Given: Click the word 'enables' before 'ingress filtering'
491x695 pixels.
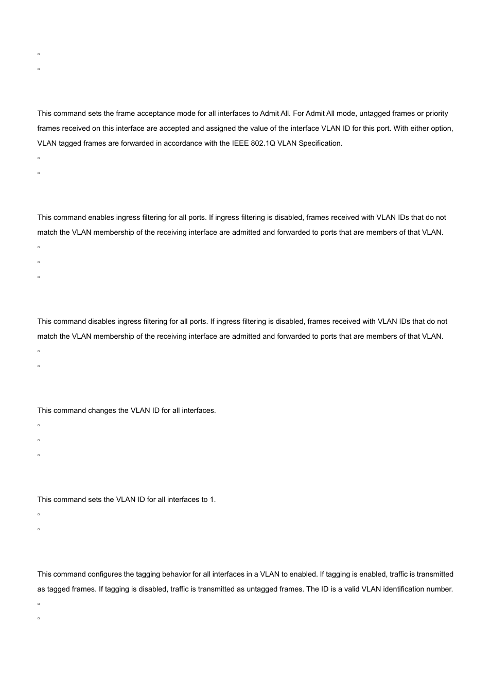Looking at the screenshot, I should [x=101, y=218].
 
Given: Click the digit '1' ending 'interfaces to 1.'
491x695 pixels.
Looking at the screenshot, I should [x=212, y=500].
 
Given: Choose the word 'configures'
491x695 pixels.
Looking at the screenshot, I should [x=106, y=575].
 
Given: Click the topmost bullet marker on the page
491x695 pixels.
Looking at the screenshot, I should [x=39, y=54].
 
